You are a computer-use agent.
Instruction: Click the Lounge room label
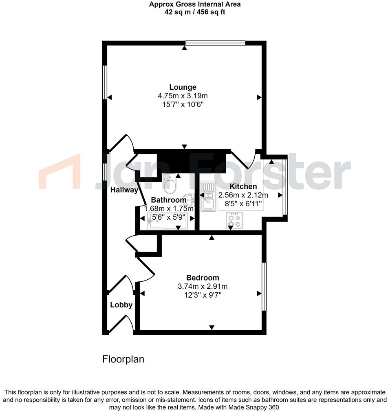[183, 87]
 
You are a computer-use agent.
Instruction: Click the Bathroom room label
[168, 200]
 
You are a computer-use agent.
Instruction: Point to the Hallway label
[124, 190]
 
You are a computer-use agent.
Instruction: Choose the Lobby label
[121, 305]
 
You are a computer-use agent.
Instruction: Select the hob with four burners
[234, 221]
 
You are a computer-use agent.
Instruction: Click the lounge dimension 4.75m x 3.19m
[183, 96]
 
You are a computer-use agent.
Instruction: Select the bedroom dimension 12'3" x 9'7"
[203, 295]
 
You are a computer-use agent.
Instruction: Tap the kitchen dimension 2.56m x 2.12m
[243, 195]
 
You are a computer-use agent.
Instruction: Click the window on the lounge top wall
[215, 43]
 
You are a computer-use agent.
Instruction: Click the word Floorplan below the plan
[123, 359]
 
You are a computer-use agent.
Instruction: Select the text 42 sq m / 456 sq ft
[194, 12]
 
